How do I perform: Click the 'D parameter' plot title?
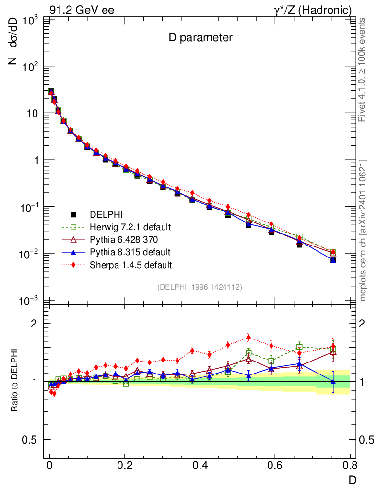200,38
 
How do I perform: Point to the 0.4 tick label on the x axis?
200,466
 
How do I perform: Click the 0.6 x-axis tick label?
275,466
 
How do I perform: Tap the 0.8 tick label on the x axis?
350,466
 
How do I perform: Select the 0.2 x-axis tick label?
125,466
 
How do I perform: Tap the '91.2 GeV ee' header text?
82,10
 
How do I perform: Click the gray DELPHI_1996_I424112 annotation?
200,287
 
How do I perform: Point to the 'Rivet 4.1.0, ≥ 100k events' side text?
363,70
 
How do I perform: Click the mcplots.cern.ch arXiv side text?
363,230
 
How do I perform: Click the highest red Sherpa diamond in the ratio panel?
248,337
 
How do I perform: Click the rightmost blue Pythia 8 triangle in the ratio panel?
333,381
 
